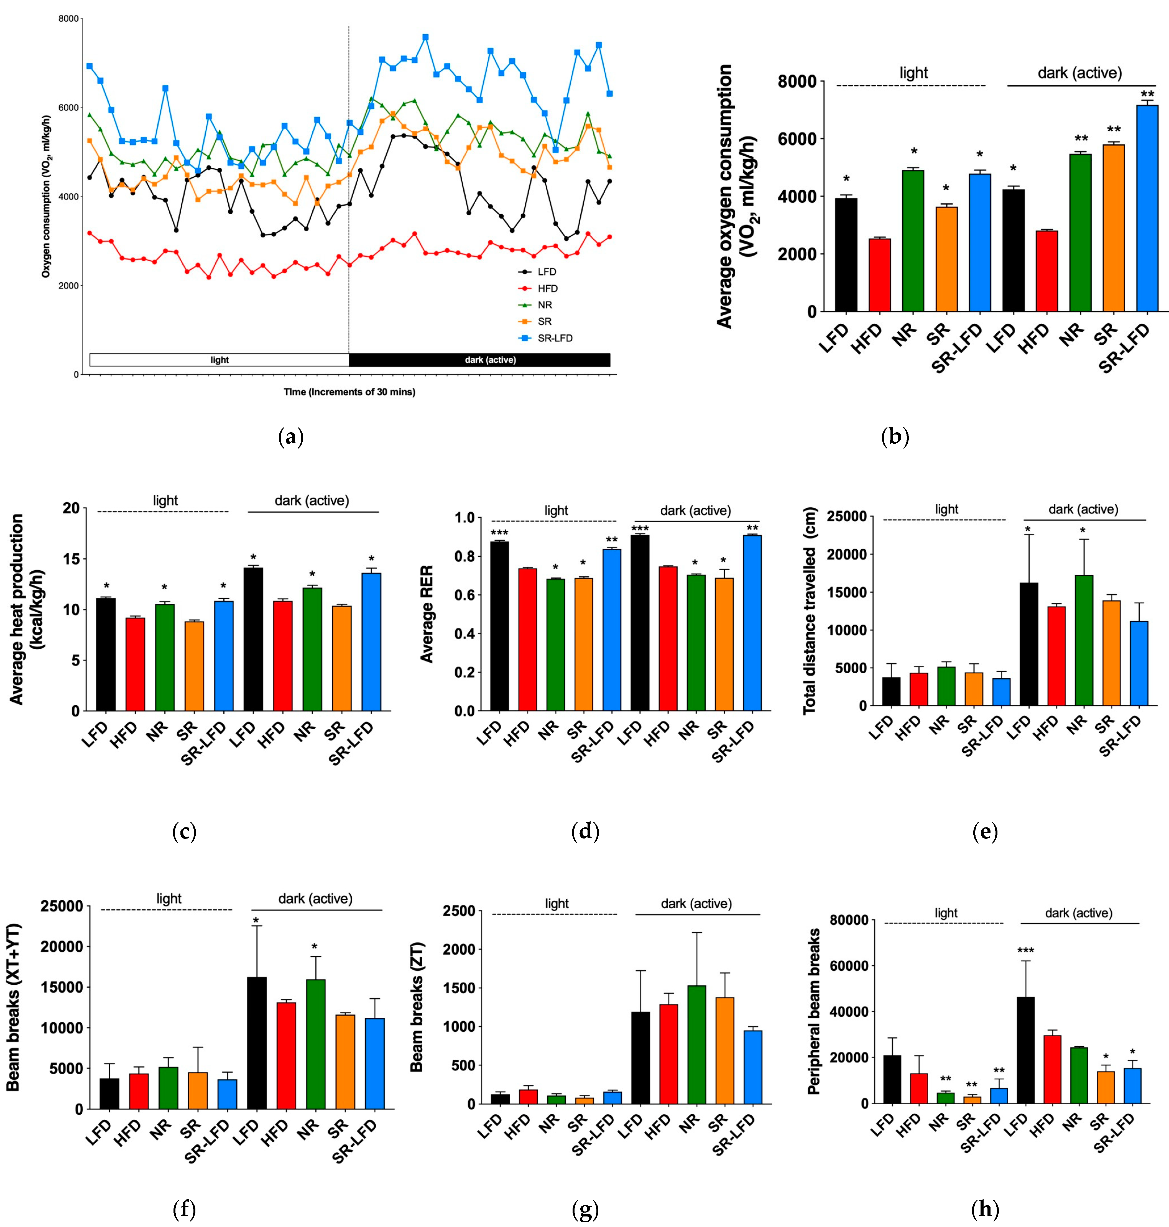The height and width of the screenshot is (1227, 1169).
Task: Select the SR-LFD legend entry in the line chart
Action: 554,338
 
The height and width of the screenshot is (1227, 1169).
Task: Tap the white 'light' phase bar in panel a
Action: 219,360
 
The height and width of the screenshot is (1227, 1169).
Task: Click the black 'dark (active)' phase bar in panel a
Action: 479,360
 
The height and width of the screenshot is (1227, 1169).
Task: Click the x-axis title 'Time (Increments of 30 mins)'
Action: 349,392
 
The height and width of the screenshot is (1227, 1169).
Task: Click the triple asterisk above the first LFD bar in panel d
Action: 499,533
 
